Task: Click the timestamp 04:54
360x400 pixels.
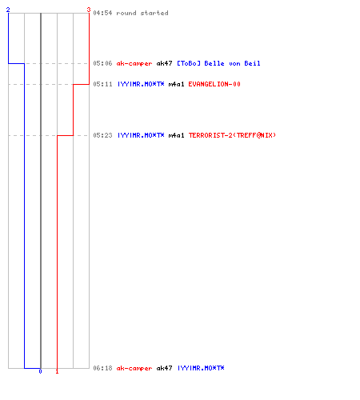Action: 102,13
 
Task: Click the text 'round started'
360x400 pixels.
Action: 142,13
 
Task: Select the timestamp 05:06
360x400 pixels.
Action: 102,63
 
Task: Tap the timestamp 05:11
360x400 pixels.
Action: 102,84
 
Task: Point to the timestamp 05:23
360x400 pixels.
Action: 102,135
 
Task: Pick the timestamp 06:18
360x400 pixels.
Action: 102,368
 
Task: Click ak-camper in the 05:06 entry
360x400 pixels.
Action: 134,63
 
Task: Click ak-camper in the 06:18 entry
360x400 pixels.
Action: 134,368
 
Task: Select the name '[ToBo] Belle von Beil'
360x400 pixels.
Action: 218,63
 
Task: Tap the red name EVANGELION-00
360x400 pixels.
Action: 214,84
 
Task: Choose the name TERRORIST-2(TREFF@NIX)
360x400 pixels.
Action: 232,135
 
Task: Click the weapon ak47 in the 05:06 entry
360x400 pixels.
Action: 164,63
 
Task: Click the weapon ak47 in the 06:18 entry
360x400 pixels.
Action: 164,368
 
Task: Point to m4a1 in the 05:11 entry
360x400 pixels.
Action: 176,84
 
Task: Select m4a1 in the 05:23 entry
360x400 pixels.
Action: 176,135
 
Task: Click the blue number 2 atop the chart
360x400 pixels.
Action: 8,10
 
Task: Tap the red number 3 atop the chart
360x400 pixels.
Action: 89,10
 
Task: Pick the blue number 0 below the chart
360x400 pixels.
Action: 40,371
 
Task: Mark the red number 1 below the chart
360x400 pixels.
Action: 57,371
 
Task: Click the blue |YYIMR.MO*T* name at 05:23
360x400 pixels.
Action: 141,135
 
